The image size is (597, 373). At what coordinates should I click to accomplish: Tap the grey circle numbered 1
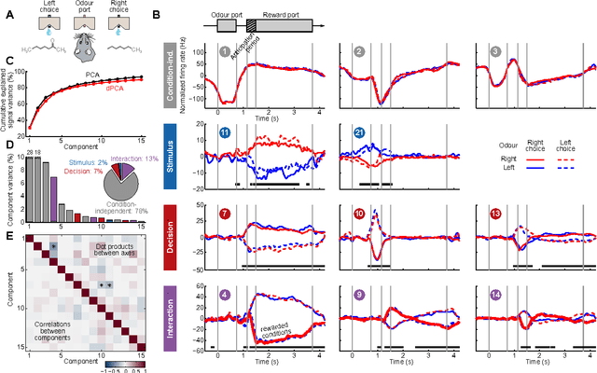225,51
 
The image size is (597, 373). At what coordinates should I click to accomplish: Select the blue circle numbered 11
226,134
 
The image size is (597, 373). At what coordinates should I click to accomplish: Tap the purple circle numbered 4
225,297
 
